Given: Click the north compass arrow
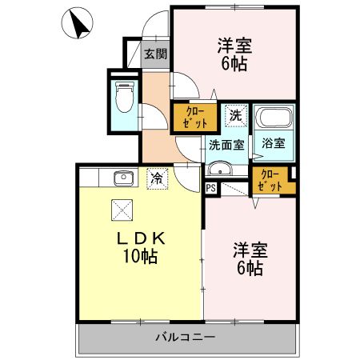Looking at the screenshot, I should pos(78,24).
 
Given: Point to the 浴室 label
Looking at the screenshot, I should pos(274,145).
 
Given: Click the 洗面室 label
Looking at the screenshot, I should pos(226,146).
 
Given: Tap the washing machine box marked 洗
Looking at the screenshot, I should pos(235,116).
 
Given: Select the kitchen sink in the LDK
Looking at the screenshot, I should pos(122,178).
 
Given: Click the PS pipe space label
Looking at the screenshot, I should pos(210,189).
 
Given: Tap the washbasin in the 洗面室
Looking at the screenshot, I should pos(218,170).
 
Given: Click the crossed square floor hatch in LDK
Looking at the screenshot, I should pos(122,210).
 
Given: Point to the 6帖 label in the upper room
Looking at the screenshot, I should pos(234,64).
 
